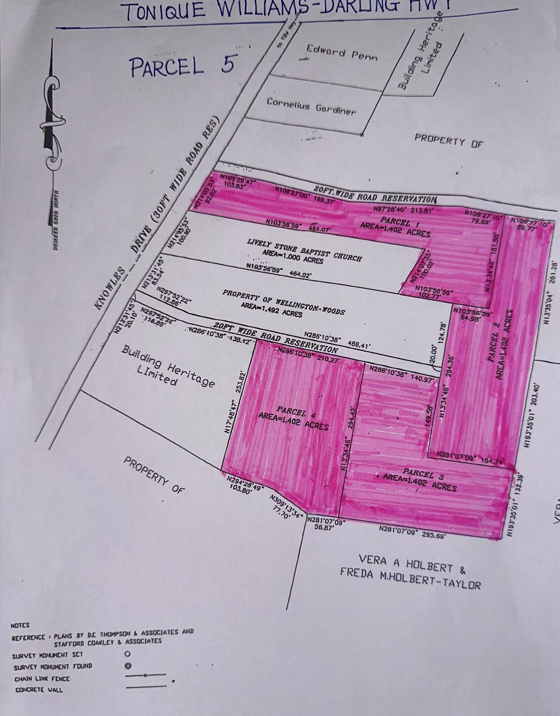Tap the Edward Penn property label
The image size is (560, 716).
point(341,53)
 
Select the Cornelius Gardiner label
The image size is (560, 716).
point(311,106)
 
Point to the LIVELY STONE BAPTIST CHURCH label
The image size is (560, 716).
point(304,250)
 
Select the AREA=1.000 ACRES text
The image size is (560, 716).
point(292,256)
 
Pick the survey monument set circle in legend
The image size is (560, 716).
point(127,654)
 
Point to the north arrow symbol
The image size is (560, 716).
point(51,122)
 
